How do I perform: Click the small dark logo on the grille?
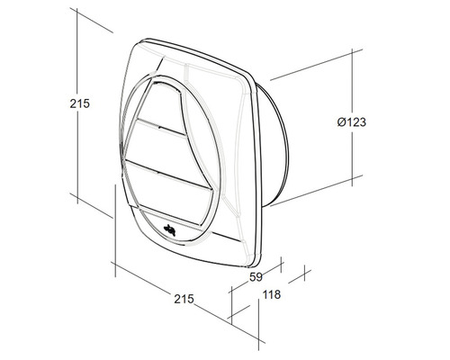pyautogui.click(x=170, y=230)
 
